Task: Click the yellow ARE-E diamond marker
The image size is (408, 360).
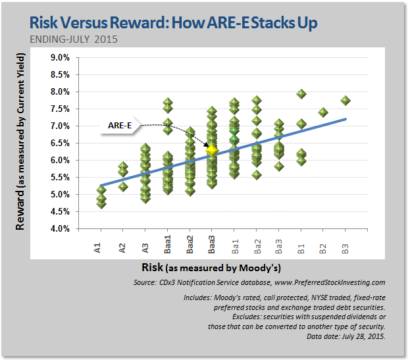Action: tap(212, 150)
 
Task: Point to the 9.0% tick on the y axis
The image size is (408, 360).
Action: tap(60, 57)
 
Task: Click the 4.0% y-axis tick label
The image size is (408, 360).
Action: tap(60, 228)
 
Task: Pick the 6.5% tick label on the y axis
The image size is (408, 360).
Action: tap(60, 143)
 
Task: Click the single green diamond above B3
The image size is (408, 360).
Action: tap(345, 101)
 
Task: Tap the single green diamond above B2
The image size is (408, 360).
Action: tap(323, 113)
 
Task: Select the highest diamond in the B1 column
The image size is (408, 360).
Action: tap(301, 94)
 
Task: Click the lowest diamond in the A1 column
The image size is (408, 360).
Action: tap(101, 204)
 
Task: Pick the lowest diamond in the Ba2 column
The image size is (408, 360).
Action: tap(257, 175)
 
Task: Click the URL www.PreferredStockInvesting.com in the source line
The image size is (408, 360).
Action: tap(329, 282)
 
